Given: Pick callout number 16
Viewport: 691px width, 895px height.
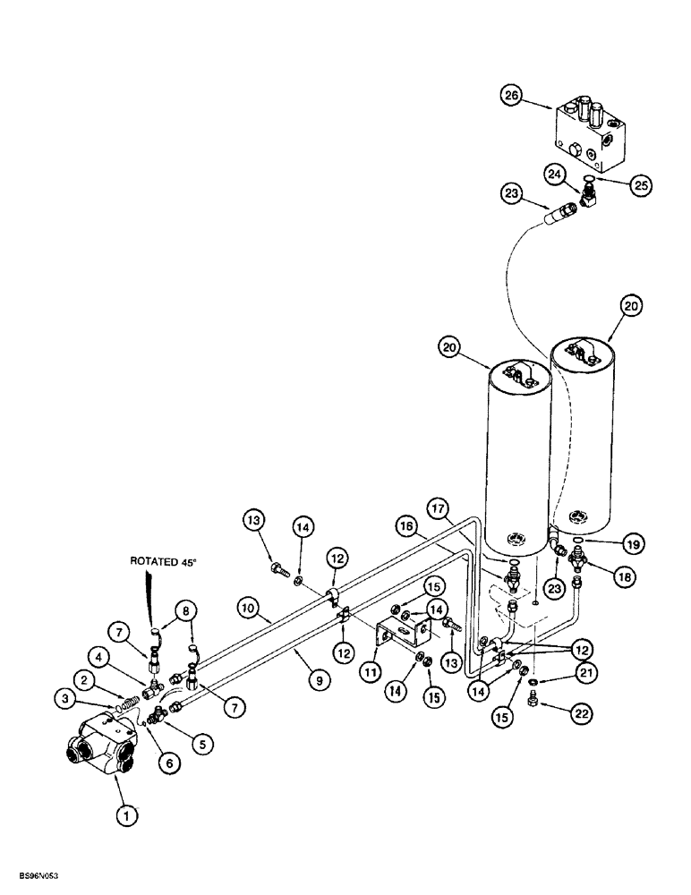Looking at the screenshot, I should tap(405, 530).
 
